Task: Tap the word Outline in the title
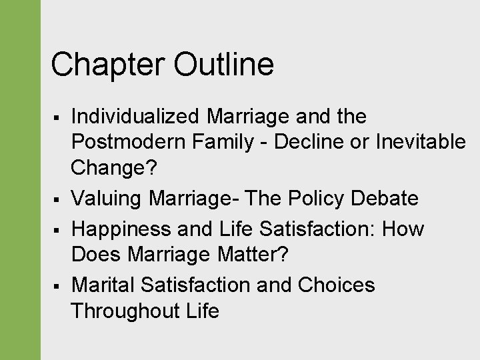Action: [x=223, y=65]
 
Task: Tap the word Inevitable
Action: [x=421, y=142]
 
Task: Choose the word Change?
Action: [x=113, y=168]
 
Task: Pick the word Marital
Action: [x=103, y=285]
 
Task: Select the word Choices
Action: [x=336, y=285]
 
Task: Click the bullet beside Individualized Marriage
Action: [x=59, y=118]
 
